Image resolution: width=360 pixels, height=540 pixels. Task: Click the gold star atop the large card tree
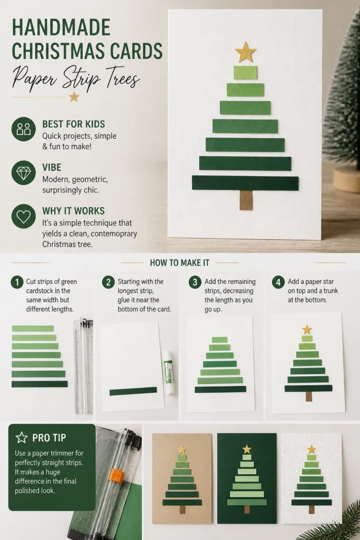(246, 52)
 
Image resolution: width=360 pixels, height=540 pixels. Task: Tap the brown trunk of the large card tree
(246, 200)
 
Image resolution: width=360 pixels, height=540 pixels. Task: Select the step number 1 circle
(17, 282)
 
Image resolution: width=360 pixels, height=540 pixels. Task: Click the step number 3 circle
(195, 282)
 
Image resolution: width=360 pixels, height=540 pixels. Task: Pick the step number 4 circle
(278, 282)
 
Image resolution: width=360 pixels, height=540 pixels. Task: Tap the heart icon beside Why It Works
(23, 216)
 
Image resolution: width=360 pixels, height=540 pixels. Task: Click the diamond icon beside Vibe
(23, 172)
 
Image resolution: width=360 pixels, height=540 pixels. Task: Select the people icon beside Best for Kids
(23, 129)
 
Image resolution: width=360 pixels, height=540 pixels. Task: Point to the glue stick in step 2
(169, 373)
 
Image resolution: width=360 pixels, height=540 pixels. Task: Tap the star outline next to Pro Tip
(22, 437)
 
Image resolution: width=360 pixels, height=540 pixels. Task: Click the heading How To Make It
(180, 263)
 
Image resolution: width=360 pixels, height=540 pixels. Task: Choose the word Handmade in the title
(61, 28)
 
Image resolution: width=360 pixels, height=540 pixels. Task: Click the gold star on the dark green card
(247, 449)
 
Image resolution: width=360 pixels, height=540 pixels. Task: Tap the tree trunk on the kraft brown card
(182, 509)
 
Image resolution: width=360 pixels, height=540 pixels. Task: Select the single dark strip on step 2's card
(133, 391)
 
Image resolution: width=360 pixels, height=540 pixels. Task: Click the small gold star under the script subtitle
(74, 97)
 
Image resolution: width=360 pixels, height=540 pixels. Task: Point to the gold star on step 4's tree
(307, 330)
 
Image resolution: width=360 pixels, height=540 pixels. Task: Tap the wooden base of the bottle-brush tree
(347, 180)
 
